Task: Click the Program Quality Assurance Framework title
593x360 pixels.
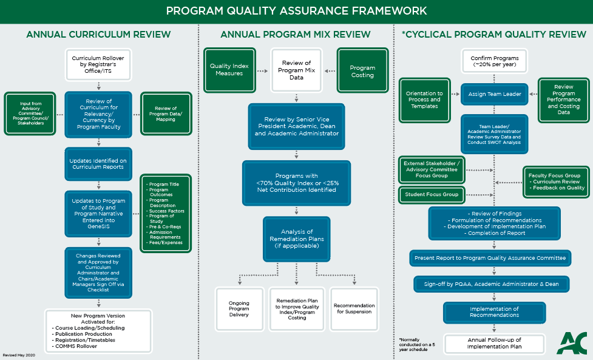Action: point(296,11)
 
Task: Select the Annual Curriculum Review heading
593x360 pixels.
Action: point(98,35)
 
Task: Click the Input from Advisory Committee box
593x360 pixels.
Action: point(30,114)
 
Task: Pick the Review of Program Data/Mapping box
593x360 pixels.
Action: point(166,114)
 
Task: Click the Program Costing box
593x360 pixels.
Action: point(362,70)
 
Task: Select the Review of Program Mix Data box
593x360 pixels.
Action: point(296,70)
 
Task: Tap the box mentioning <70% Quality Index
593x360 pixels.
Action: point(296,182)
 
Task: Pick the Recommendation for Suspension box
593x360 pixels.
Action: point(354,309)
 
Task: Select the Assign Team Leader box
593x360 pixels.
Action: point(494,94)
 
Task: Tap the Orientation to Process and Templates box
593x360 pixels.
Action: point(424,100)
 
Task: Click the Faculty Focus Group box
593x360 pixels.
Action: point(555,181)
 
